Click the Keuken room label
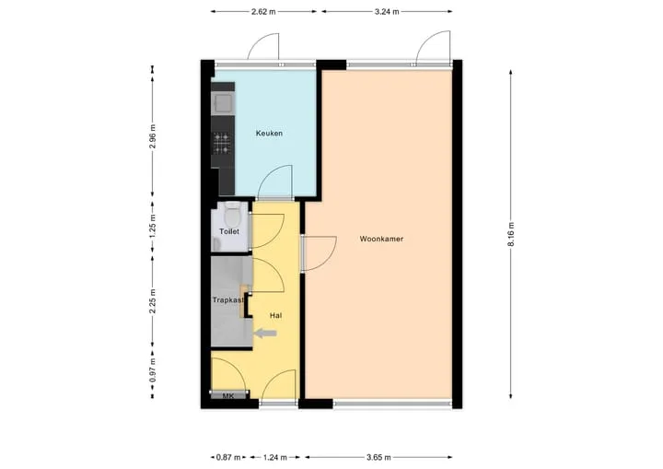click(x=269, y=134)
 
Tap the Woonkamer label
click(x=381, y=239)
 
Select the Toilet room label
click(x=229, y=231)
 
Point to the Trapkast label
click(x=228, y=300)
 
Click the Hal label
click(x=275, y=315)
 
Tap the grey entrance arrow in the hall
click(x=265, y=334)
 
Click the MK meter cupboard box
click(x=228, y=395)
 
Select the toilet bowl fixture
click(x=231, y=215)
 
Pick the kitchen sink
click(x=223, y=103)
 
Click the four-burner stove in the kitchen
click(x=223, y=143)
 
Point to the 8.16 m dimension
click(x=511, y=234)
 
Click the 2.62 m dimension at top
click(x=263, y=12)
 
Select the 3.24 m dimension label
click(x=387, y=12)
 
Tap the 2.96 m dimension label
click(x=153, y=136)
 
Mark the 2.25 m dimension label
click(x=153, y=301)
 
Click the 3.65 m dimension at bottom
click(x=378, y=457)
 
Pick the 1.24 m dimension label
click(x=274, y=457)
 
